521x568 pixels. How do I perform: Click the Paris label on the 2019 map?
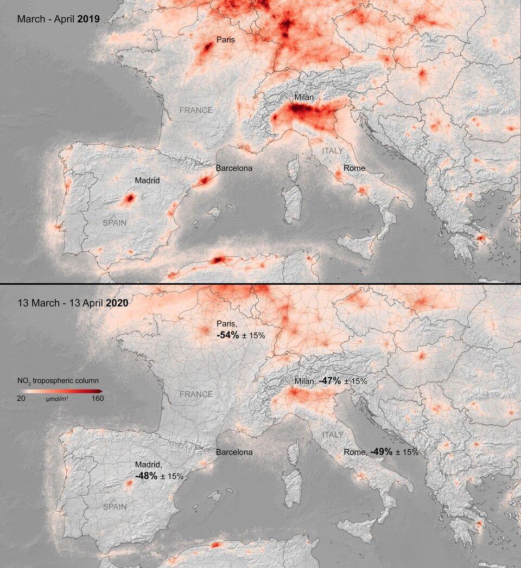(225, 40)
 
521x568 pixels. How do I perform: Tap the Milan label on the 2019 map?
(304, 98)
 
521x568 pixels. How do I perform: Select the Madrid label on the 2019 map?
(148, 180)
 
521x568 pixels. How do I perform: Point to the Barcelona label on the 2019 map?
(234, 168)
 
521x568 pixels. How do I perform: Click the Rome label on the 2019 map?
(354, 168)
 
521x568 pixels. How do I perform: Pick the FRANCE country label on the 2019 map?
(196, 110)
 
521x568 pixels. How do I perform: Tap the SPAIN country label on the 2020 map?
(115, 507)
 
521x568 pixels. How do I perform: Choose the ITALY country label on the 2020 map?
(333, 435)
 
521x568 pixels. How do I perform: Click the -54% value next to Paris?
(227, 335)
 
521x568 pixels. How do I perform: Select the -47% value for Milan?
(329, 381)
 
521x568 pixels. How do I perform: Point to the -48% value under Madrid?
(146, 476)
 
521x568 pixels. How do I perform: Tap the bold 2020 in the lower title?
(118, 303)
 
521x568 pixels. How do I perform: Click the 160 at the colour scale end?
(97, 398)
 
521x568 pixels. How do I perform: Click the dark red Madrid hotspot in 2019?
(129, 199)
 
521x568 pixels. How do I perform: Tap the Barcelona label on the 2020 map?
(234, 452)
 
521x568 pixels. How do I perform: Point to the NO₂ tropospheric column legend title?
(58, 380)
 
